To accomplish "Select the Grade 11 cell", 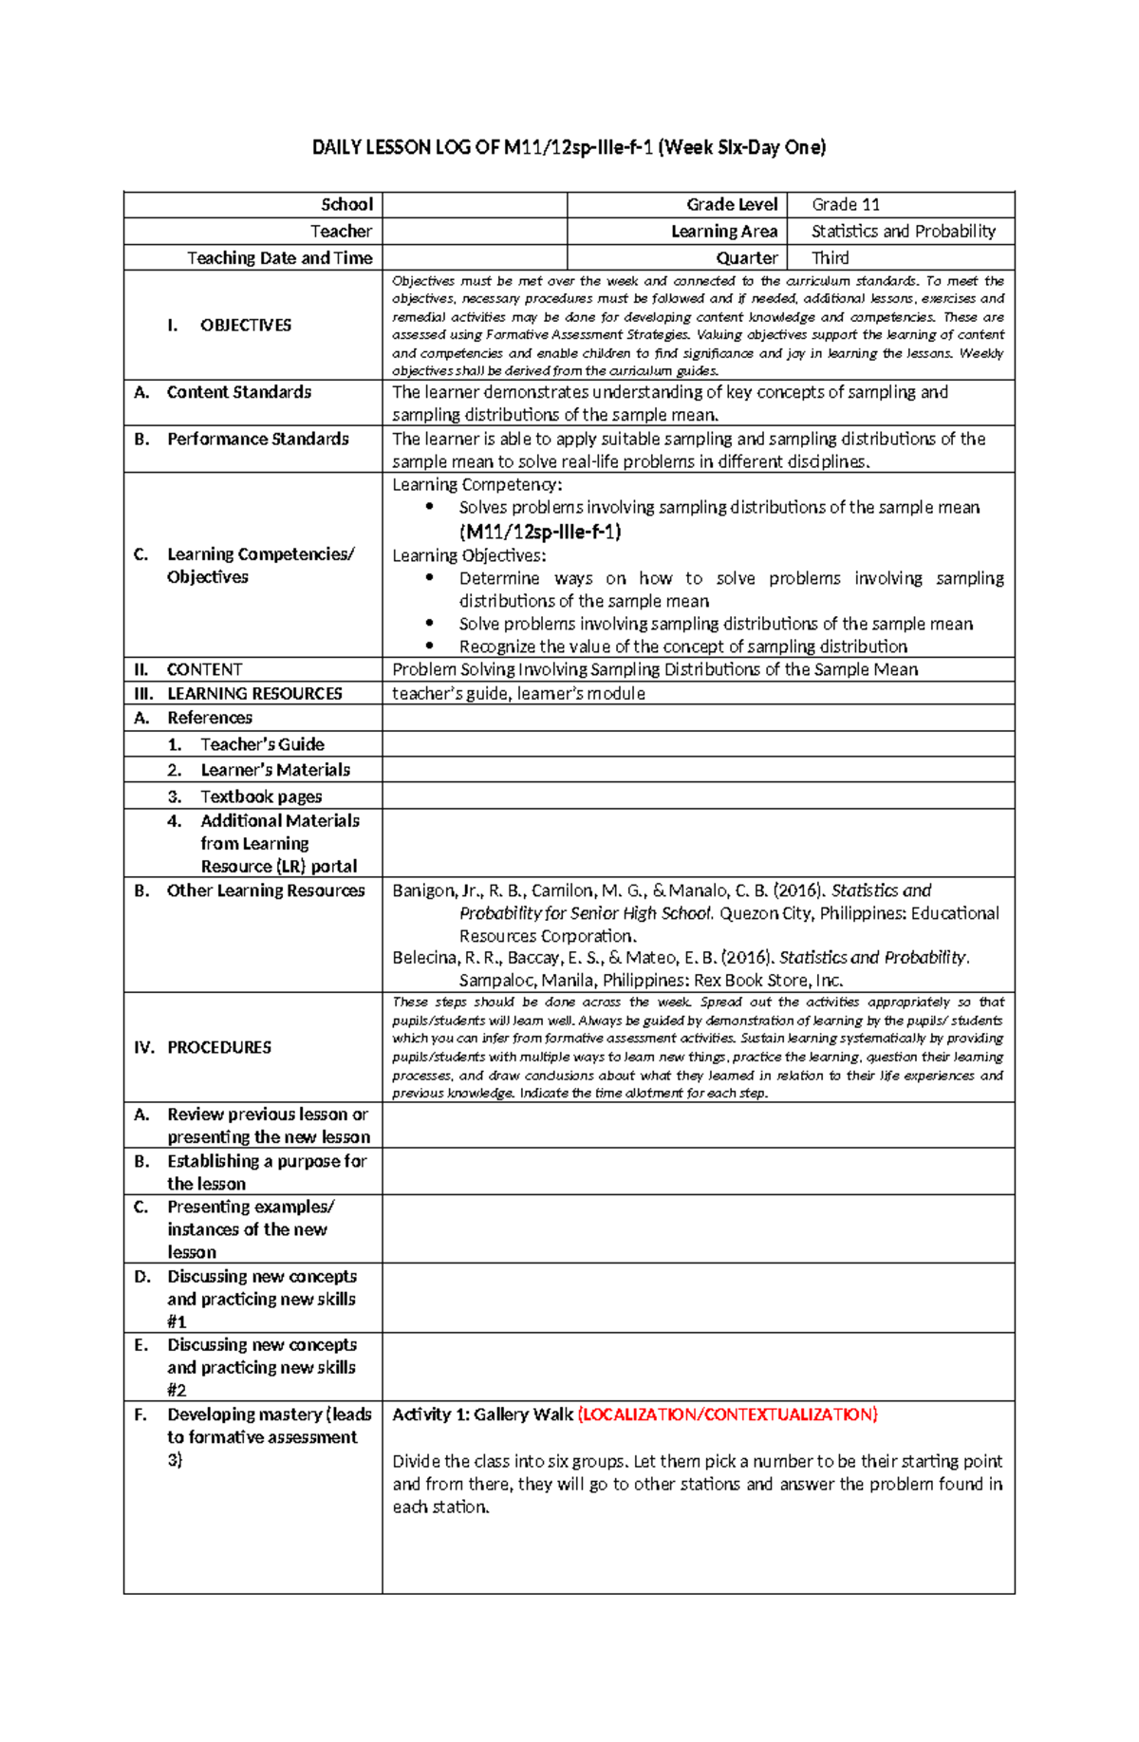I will (846, 204).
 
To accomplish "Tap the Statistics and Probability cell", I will (903, 231).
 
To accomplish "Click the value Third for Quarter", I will (830, 257).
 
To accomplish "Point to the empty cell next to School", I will (475, 204).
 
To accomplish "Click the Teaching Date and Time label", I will (279, 257).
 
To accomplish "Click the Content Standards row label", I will (238, 392).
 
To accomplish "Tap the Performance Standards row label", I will (257, 439).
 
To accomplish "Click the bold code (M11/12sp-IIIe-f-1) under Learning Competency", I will (539, 532).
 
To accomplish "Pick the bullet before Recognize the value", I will (430, 646).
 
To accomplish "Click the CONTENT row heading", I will (204, 669).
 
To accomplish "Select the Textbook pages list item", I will (260, 796).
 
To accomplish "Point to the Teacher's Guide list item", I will (262, 744).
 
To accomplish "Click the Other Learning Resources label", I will (266, 890).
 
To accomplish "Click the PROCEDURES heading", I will (218, 1047).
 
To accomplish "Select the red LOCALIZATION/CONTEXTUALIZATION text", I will (728, 1414).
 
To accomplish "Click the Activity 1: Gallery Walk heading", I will (482, 1414).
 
